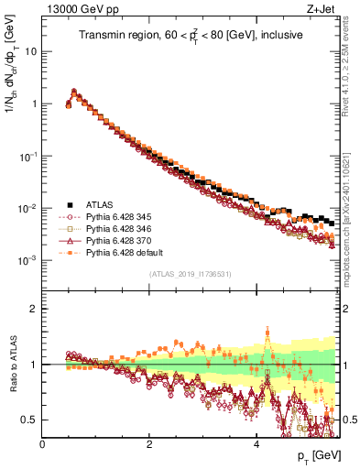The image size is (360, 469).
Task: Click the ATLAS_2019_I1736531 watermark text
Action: coord(190,274)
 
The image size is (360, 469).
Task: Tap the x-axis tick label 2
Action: coord(149,444)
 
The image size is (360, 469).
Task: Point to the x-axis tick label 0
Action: coord(43,444)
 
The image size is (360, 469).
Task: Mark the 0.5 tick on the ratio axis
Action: coord(32,420)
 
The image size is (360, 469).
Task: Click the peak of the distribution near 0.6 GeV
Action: coord(74,92)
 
